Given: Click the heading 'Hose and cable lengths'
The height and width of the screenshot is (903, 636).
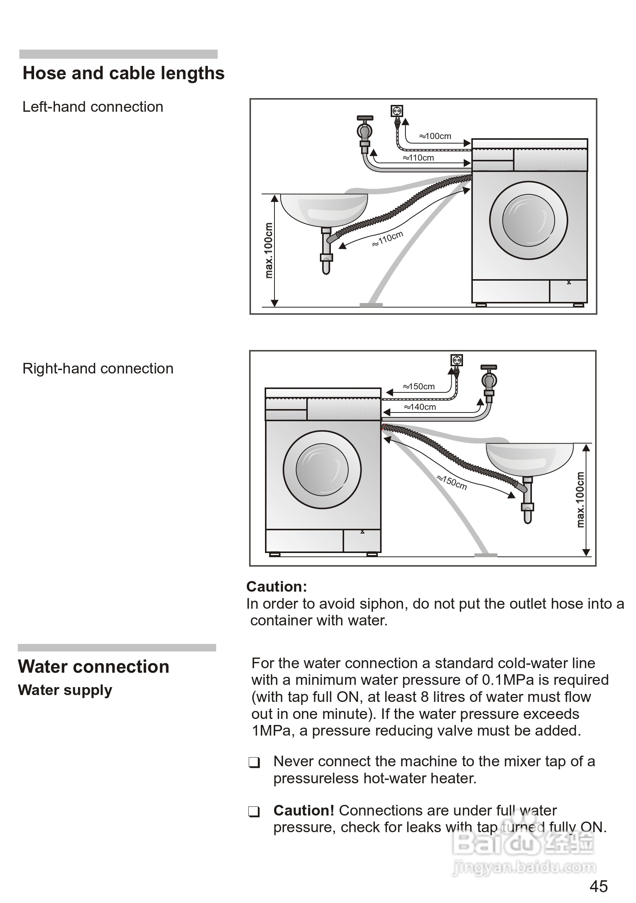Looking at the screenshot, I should [x=123, y=73].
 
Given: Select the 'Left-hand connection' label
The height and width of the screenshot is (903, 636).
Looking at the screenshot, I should [x=93, y=107].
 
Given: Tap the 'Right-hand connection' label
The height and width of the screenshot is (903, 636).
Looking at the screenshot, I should [x=98, y=369].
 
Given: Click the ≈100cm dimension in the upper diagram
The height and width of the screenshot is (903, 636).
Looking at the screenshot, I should [x=435, y=136].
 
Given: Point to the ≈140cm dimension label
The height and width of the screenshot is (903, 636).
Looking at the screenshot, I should [x=420, y=407].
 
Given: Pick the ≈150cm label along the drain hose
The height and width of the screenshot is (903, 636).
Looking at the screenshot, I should [x=452, y=483].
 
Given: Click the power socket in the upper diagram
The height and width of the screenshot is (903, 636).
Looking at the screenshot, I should [x=397, y=111].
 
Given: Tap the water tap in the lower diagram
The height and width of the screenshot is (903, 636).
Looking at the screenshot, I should [x=489, y=380].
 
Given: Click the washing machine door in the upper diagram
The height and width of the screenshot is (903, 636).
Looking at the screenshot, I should [x=528, y=220].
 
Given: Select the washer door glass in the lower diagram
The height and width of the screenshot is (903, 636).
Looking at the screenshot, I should [x=322, y=470].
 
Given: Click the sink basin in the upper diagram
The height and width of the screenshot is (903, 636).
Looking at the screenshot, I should [x=324, y=209].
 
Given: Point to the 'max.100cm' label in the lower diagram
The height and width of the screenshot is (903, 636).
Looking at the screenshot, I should [x=580, y=500].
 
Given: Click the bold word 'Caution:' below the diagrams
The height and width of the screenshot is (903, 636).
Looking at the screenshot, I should [x=277, y=586].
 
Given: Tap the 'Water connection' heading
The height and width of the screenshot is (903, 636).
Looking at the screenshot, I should [x=94, y=667].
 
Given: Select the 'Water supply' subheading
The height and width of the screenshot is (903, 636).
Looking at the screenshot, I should [x=65, y=690].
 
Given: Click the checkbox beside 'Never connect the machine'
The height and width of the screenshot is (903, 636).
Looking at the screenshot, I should [x=254, y=762].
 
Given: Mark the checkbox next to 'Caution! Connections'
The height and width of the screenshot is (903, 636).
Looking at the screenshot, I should [x=254, y=811].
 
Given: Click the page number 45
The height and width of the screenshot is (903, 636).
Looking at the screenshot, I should [x=598, y=886].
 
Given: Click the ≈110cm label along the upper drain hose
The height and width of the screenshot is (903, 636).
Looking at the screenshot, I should [x=388, y=239].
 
